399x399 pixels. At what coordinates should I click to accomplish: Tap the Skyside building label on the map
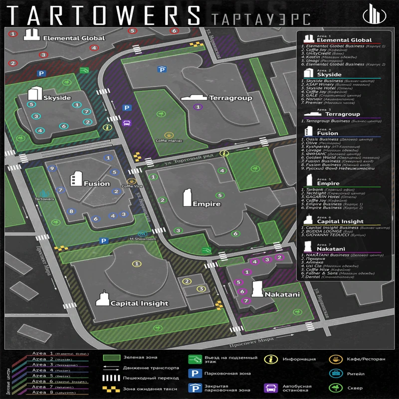(57, 97)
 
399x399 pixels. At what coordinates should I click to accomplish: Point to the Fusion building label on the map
(97, 184)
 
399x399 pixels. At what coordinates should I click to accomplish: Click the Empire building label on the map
(206, 203)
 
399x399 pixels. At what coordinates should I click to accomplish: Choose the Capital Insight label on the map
(139, 303)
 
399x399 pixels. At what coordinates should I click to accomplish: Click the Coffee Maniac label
(169, 141)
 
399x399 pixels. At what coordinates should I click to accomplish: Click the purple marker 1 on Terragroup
(198, 107)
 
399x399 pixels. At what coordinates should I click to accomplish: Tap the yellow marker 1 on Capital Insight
(135, 263)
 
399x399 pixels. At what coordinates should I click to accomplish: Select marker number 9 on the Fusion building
(51, 169)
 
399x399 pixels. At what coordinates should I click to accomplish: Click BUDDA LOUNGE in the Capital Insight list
(325, 232)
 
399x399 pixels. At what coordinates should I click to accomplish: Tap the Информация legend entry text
(299, 359)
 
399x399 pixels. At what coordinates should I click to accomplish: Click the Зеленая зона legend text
(137, 358)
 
